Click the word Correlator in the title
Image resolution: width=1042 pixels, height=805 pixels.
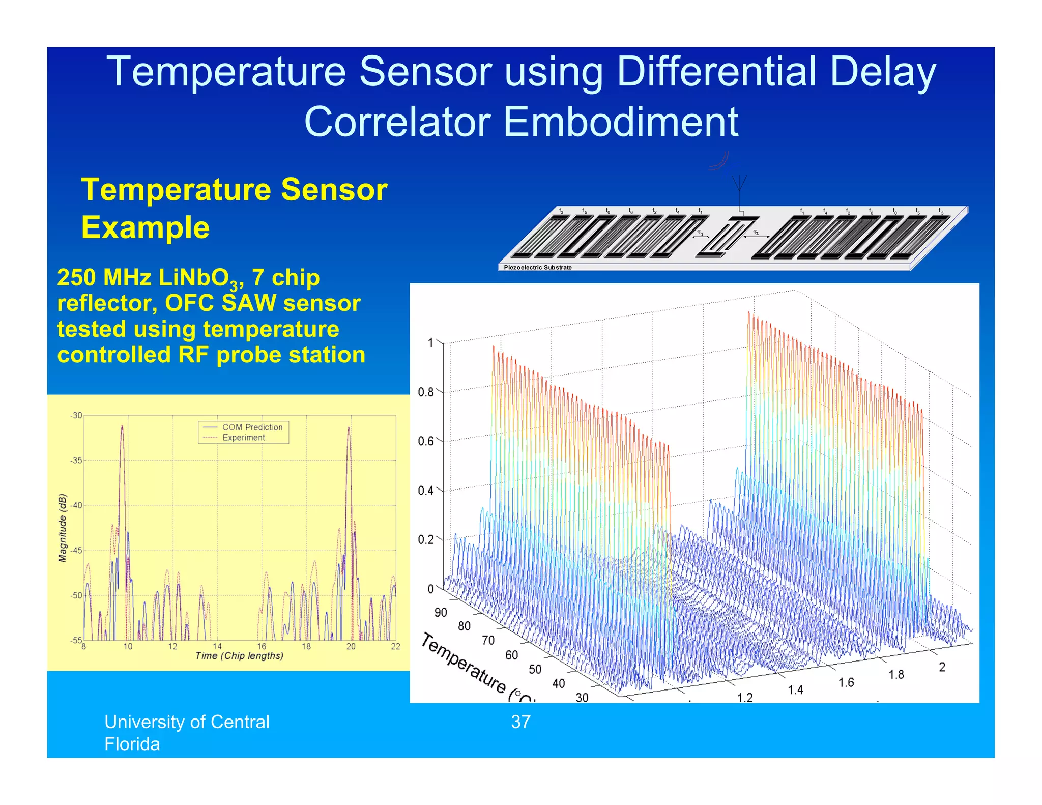397,122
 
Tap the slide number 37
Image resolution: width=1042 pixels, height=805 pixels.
520,722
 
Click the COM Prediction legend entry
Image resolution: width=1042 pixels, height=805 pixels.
252,427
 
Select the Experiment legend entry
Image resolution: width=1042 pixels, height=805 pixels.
244,438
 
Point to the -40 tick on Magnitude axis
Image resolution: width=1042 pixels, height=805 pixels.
76,505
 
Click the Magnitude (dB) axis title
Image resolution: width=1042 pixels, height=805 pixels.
63,528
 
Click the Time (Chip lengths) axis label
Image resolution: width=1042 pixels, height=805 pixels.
239,656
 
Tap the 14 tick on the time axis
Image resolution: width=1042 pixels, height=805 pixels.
217,647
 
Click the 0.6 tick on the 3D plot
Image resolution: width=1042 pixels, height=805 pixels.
425,441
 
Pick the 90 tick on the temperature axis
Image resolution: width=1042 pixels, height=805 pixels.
441,612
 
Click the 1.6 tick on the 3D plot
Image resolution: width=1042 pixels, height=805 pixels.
846,683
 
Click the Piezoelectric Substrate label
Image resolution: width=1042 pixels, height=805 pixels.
537,267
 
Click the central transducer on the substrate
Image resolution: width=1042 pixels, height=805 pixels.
727,237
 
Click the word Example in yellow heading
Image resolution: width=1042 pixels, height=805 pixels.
146,227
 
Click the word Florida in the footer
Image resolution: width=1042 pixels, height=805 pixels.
132,744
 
